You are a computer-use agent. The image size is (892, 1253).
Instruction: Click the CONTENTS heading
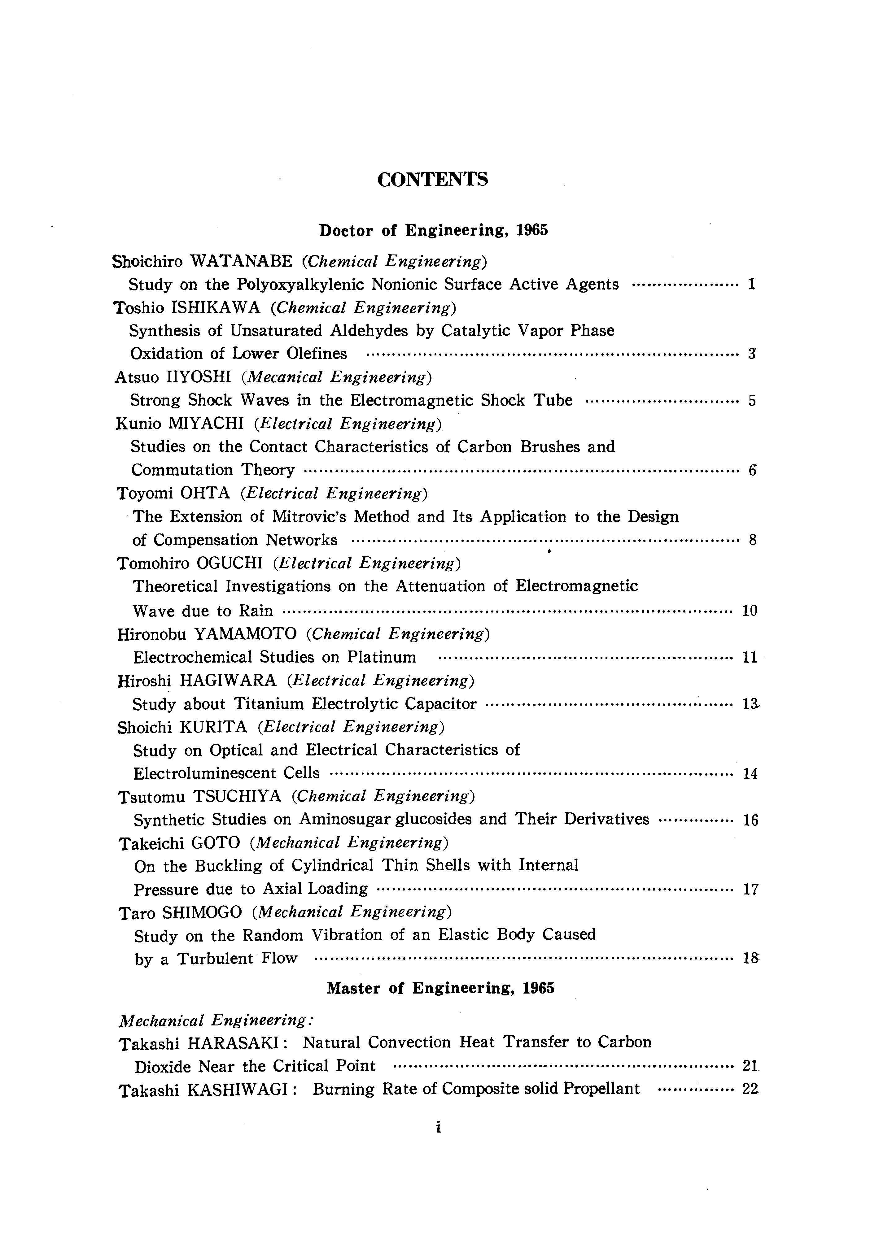433,180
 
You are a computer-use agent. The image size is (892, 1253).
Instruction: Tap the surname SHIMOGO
202,912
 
